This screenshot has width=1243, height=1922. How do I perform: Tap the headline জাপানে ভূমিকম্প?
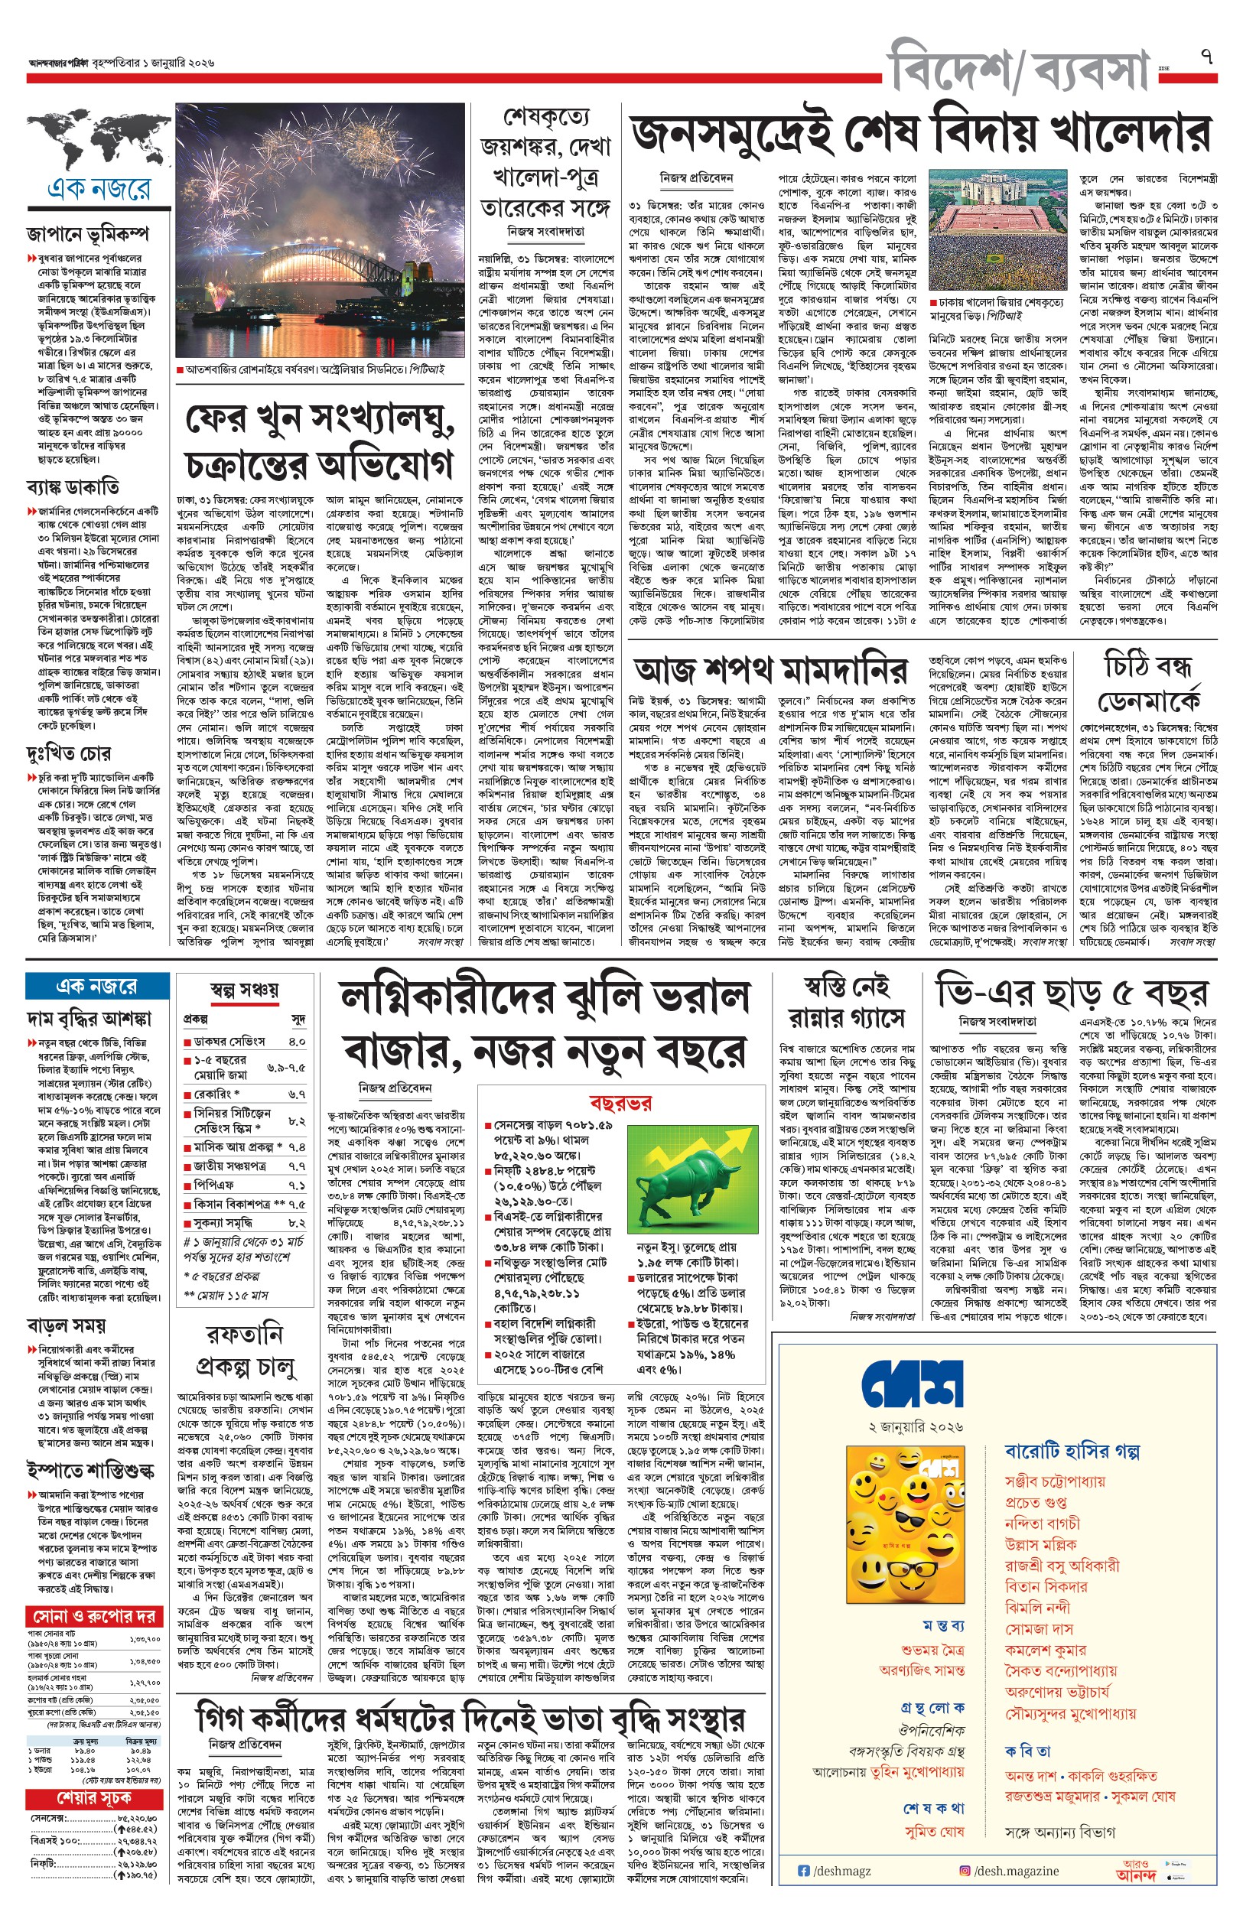click(87, 234)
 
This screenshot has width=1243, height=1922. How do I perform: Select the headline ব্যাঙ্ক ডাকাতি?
click(73, 486)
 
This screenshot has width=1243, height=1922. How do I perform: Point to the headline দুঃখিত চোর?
click(68, 753)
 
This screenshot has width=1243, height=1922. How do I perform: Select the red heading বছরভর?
click(620, 1103)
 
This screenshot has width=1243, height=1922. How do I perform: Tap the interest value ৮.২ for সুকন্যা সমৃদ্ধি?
click(297, 1223)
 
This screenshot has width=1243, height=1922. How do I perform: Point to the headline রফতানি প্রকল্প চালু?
click(244, 1350)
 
